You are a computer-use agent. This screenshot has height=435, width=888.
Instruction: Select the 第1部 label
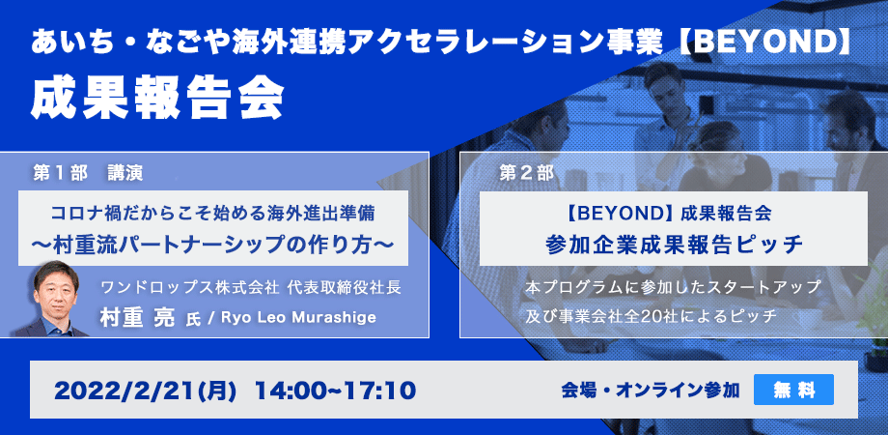(61, 174)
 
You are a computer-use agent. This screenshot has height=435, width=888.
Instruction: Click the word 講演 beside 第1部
(125, 174)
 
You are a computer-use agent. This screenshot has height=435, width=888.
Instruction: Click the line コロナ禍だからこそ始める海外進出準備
(213, 214)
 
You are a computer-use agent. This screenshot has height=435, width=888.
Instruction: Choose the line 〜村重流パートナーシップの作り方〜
(213, 244)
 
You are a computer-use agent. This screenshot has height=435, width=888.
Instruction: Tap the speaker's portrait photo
(53, 299)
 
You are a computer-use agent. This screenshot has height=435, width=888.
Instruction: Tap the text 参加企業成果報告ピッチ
(674, 244)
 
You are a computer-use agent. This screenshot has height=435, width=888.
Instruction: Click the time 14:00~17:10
(335, 391)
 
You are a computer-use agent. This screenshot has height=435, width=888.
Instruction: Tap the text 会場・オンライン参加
(651, 391)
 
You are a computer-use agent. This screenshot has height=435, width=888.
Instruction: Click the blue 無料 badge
(793, 390)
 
